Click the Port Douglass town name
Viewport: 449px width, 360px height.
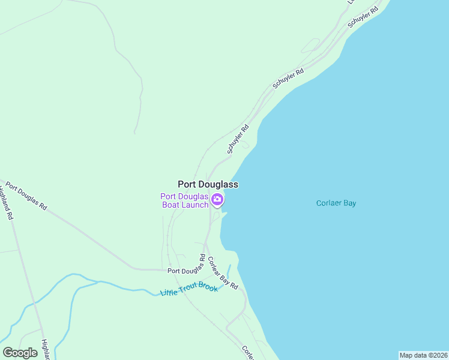208,185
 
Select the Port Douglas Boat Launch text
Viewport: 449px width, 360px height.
184,200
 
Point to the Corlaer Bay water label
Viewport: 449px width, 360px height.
336,203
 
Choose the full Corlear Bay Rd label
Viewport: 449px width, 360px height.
223,274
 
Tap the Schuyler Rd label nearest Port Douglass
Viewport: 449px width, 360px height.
238,139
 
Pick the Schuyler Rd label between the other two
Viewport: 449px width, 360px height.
288,79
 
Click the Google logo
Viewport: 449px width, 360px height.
20,353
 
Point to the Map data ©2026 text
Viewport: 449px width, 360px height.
423,355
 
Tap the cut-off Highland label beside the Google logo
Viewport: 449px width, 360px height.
44,349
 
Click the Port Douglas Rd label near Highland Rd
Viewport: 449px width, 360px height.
25,196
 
